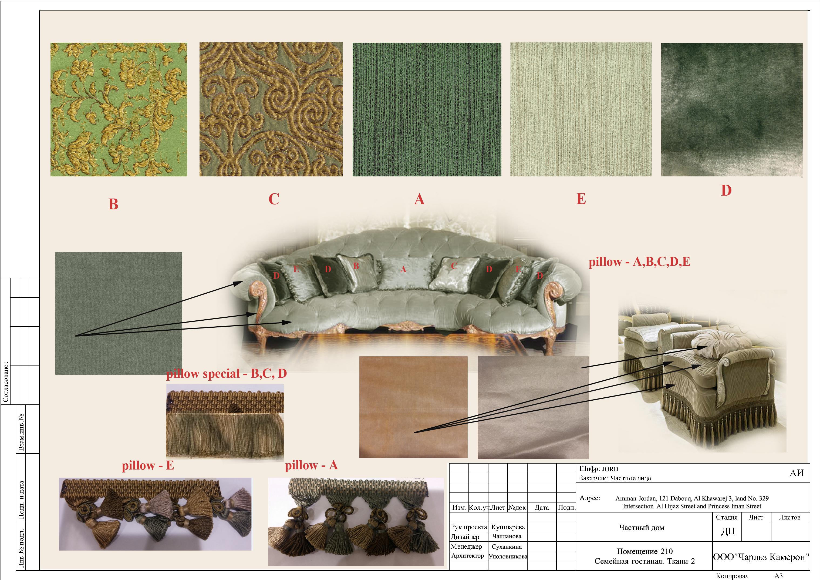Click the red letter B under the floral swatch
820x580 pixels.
pos(113,204)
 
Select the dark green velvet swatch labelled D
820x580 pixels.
pos(732,110)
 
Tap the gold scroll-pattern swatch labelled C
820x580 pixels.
pos(271,109)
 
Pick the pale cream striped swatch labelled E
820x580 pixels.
pos(581,109)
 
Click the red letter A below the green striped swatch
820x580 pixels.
pos(419,199)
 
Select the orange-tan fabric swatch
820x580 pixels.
pos(413,407)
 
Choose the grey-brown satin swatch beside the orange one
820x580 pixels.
pos(533,407)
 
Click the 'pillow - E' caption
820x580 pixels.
pos(148,465)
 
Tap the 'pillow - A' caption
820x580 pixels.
pos(311,465)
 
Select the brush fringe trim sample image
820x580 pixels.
pos(225,422)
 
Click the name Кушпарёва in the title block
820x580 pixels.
pos(508,527)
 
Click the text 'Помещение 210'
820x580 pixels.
pos(645,551)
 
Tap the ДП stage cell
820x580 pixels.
pos(728,531)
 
